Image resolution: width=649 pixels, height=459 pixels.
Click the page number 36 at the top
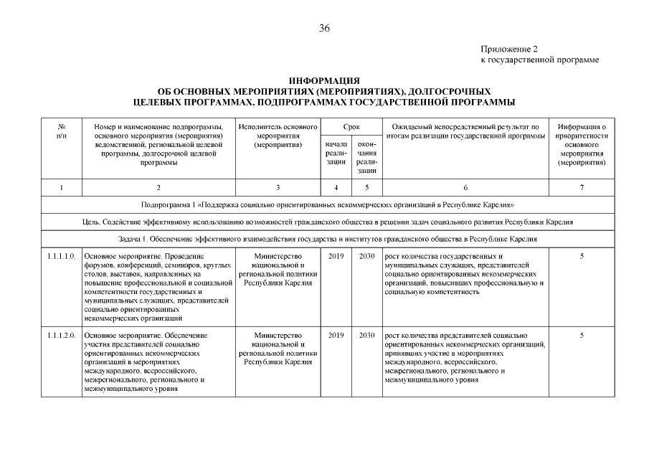pyautogui.click(x=324, y=28)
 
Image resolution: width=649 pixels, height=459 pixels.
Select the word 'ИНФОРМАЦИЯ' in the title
pyautogui.click(x=324, y=82)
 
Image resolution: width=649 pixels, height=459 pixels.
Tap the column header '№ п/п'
pyautogui.click(x=62, y=131)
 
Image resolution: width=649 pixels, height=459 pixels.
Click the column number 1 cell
pyautogui.click(x=62, y=188)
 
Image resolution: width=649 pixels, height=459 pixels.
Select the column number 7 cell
pyautogui.click(x=582, y=188)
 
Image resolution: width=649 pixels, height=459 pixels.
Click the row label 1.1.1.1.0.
pyautogui.click(x=62, y=256)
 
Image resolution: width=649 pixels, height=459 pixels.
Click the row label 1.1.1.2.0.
pyautogui.click(x=62, y=335)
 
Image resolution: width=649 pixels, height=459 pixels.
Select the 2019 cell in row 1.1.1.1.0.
pyautogui.click(x=336, y=256)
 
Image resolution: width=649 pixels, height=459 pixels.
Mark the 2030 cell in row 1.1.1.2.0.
pyautogui.click(x=366, y=335)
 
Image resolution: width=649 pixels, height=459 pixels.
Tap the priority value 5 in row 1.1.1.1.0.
pyautogui.click(x=582, y=256)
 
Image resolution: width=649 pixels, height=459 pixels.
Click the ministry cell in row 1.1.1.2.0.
pyautogui.click(x=278, y=349)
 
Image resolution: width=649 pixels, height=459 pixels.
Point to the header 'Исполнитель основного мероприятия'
pyautogui.click(x=278, y=136)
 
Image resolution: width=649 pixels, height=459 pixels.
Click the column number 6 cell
pyautogui.click(x=465, y=188)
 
